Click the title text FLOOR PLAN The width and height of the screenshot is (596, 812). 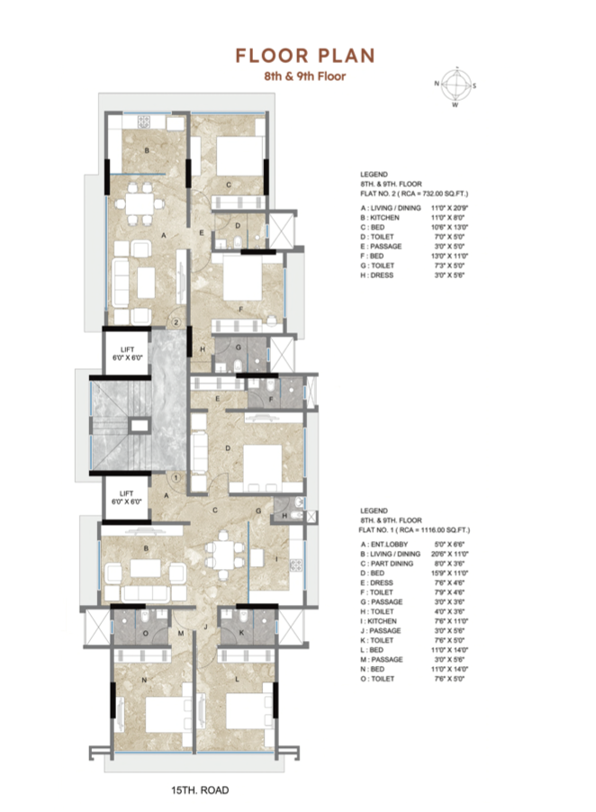[x=304, y=56]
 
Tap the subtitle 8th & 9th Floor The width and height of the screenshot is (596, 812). [x=304, y=77]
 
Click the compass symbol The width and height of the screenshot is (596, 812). [x=456, y=86]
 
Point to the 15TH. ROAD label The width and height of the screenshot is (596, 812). [x=200, y=789]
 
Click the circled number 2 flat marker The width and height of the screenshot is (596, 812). [x=177, y=321]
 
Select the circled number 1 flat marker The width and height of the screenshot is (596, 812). [x=177, y=477]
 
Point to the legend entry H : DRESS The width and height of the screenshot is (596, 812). [x=379, y=275]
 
